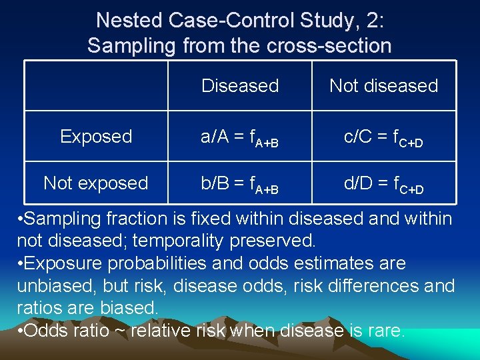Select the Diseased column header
(240, 86)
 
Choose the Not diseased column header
(383, 86)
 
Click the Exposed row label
(96, 137)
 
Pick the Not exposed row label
(96, 183)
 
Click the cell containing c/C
(383, 137)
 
